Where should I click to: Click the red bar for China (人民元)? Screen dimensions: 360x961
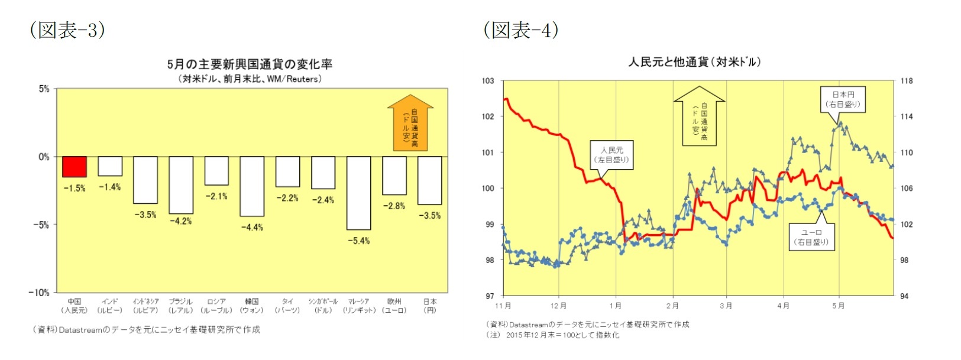[75, 167]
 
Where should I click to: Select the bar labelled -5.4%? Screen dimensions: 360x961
[358, 193]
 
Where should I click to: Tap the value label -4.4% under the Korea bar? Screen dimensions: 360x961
[252, 227]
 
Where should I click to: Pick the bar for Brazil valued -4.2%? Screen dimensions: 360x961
[181, 185]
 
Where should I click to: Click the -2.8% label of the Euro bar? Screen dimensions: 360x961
[394, 206]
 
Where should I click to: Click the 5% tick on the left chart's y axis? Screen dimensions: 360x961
[44, 89]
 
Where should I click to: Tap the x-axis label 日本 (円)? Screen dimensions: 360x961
[430, 306]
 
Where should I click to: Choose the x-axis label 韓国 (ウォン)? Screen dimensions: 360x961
[252, 306]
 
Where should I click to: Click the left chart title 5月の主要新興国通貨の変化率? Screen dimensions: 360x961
[250, 64]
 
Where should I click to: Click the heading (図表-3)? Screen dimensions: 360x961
[67, 30]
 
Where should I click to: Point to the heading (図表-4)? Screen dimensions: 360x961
[521, 30]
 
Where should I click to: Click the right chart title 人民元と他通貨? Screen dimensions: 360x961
[694, 61]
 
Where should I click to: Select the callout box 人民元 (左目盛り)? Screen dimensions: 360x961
[611, 155]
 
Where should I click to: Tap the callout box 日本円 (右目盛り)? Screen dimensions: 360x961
[843, 99]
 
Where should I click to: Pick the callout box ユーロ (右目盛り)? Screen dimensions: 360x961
[811, 237]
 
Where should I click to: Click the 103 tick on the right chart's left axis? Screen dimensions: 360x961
[488, 81]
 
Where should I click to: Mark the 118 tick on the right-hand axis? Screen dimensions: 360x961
[907, 81]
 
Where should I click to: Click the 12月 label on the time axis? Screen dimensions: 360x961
[558, 306]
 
